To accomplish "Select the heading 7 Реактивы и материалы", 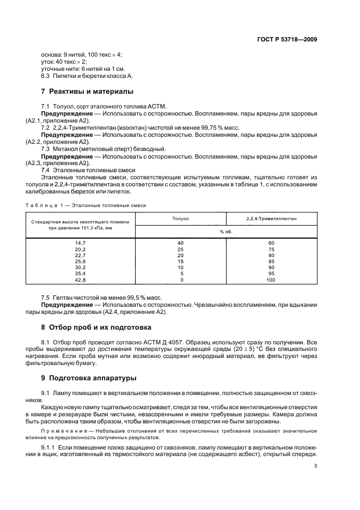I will [x=87, y=91].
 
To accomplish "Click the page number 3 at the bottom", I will [x=316, y=465].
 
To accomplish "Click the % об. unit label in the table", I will [x=226, y=231].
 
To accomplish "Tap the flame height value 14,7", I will [x=80, y=242].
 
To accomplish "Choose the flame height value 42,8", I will [x=80, y=280].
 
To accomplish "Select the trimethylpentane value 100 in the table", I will [x=271, y=280].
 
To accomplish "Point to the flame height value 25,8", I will [x=80, y=262].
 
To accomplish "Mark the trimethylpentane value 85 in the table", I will [x=271, y=262].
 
